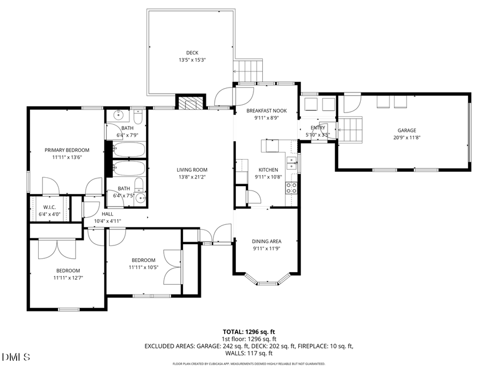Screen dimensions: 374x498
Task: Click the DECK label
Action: (192, 53)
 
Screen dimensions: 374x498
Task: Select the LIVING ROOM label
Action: (192, 170)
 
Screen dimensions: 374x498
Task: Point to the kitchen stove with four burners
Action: (291, 187)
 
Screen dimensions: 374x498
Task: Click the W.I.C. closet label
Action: (50, 207)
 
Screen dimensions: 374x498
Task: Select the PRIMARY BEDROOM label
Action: (67, 150)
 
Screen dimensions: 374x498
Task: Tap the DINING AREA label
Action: (267, 241)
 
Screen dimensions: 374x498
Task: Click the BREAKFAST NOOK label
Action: (267, 110)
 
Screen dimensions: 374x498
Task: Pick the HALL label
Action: (108, 214)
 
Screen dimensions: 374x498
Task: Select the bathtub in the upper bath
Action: (129, 150)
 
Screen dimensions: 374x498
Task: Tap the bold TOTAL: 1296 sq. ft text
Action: (249, 331)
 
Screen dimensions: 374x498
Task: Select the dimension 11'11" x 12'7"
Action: (67, 278)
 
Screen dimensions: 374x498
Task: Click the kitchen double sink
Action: (291, 164)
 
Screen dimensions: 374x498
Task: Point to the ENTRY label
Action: (318, 128)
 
